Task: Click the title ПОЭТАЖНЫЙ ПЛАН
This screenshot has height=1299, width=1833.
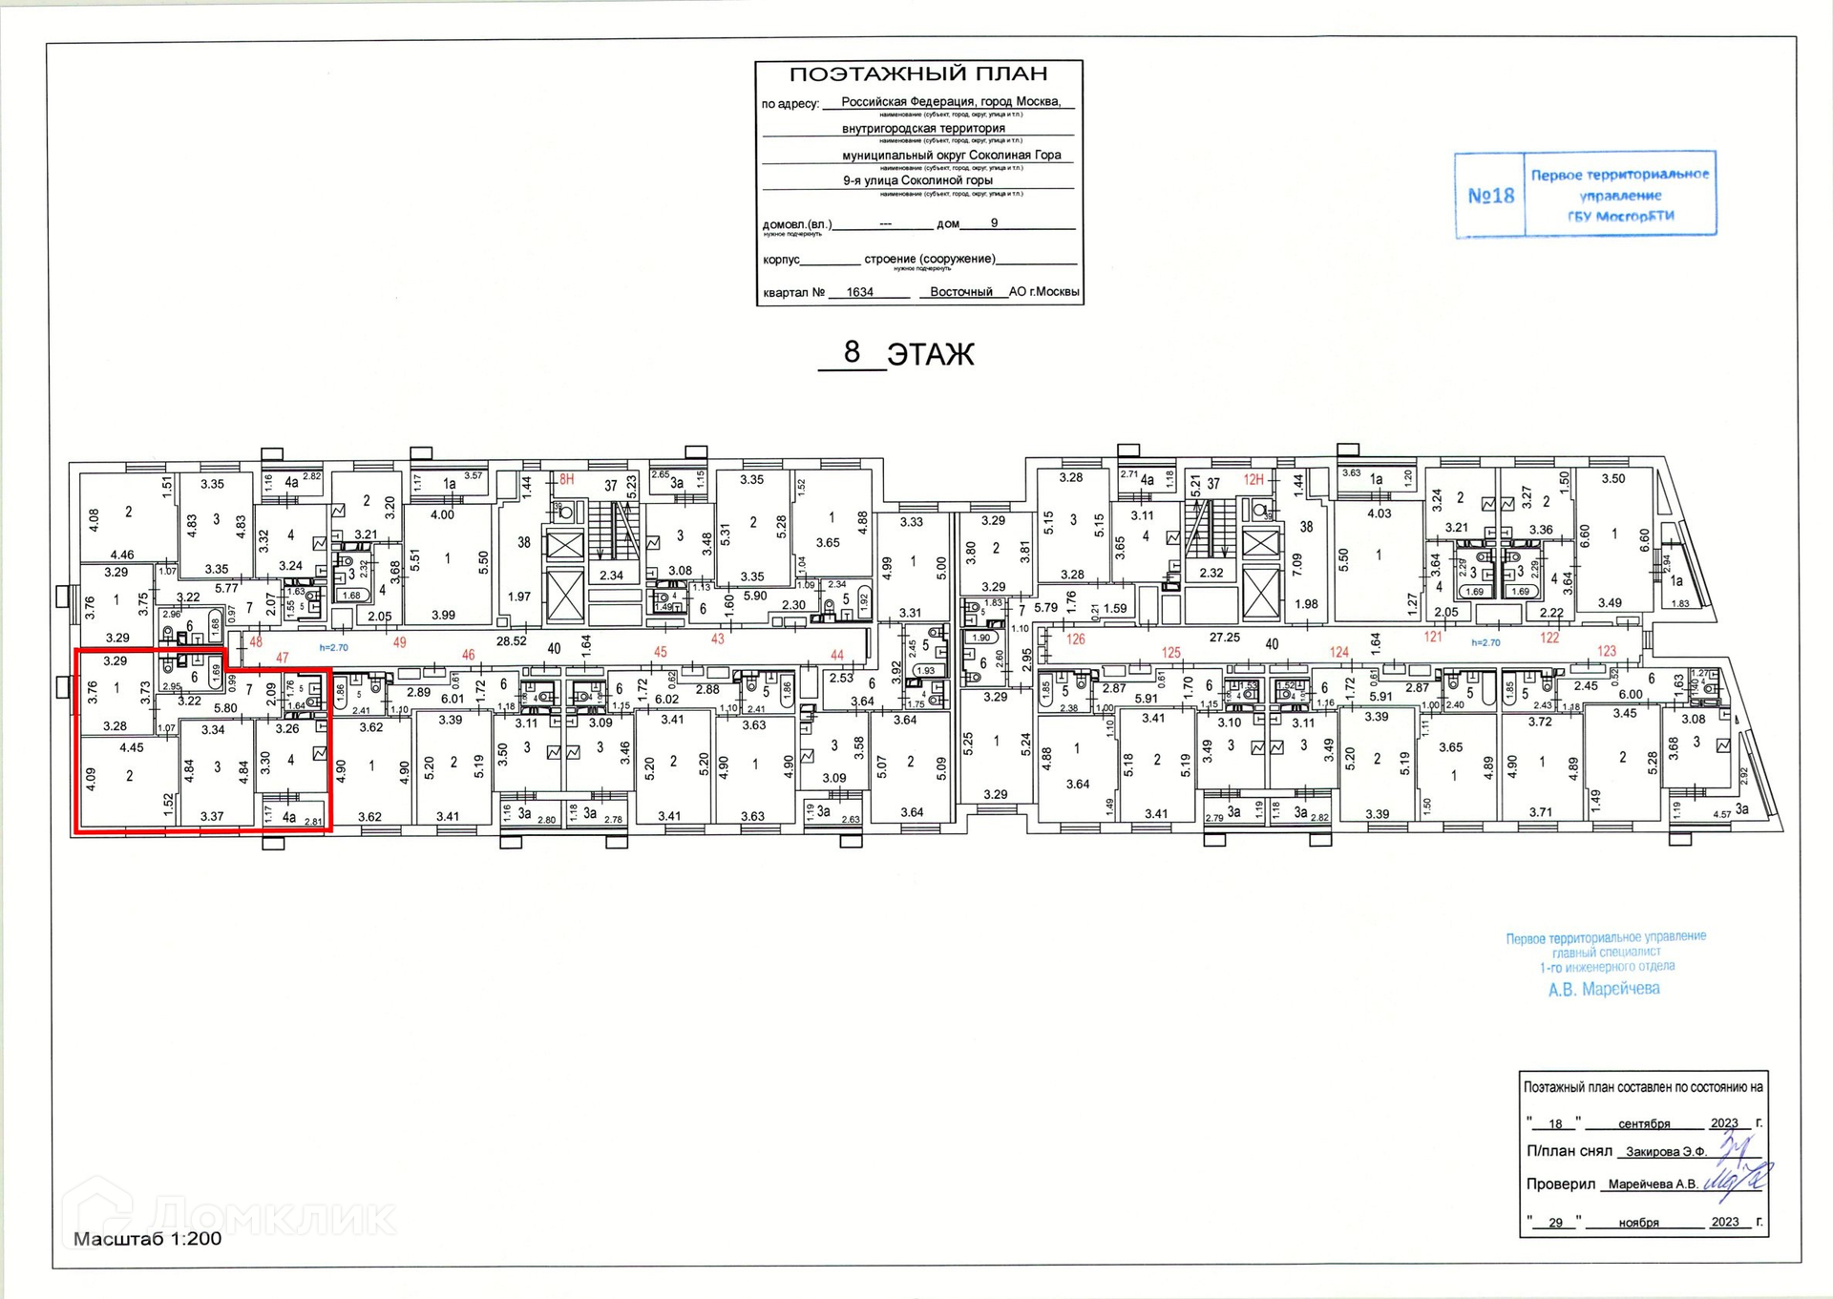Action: pyautogui.click(x=918, y=74)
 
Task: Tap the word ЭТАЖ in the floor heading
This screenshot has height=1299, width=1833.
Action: pyautogui.click(x=930, y=355)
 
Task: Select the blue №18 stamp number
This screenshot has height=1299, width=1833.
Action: pyautogui.click(x=1490, y=196)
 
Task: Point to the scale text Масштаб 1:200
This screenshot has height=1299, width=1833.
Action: pyautogui.click(x=147, y=1239)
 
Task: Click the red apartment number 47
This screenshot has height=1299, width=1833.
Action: pyautogui.click(x=282, y=658)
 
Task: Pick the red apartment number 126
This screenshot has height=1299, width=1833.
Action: pyautogui.click(x=1076, y=639)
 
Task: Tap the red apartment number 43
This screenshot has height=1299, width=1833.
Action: pyautogui.click(x=717, y=639)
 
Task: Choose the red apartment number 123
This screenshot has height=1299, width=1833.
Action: pyautogui.click(x=1607, y=651)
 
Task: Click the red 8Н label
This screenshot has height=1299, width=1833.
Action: pyautogui.click(x=567, y=479)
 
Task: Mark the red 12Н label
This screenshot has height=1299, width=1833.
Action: pyautogui.click(x=1254, y=480)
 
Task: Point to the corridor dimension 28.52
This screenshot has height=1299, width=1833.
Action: pyautogui.click(x=511, y=641)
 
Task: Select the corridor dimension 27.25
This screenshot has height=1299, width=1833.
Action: pyautogui.click(x=1225, y=637)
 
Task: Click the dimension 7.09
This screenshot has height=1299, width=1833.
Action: pyautogui.click(x=1297, y=566)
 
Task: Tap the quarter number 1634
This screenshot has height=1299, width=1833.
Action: pyautogui.click(x=859, y=292)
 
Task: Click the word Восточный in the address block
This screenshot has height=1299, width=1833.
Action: pyautogui.click(x=961, y=292)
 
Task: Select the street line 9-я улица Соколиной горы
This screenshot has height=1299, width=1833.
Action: pyautogui.click(x=917, y=180)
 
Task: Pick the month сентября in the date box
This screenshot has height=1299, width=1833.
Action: pyautogui.click(x=1644, y=1123)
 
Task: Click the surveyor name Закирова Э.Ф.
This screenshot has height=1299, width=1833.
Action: pyautogui.click(x=1665, y=1152)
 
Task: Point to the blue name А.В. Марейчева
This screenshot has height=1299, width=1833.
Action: pyautogui.click(x=1604, y=990)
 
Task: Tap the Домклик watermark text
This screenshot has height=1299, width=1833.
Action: pyautogui.click(x=272, y=1217)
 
